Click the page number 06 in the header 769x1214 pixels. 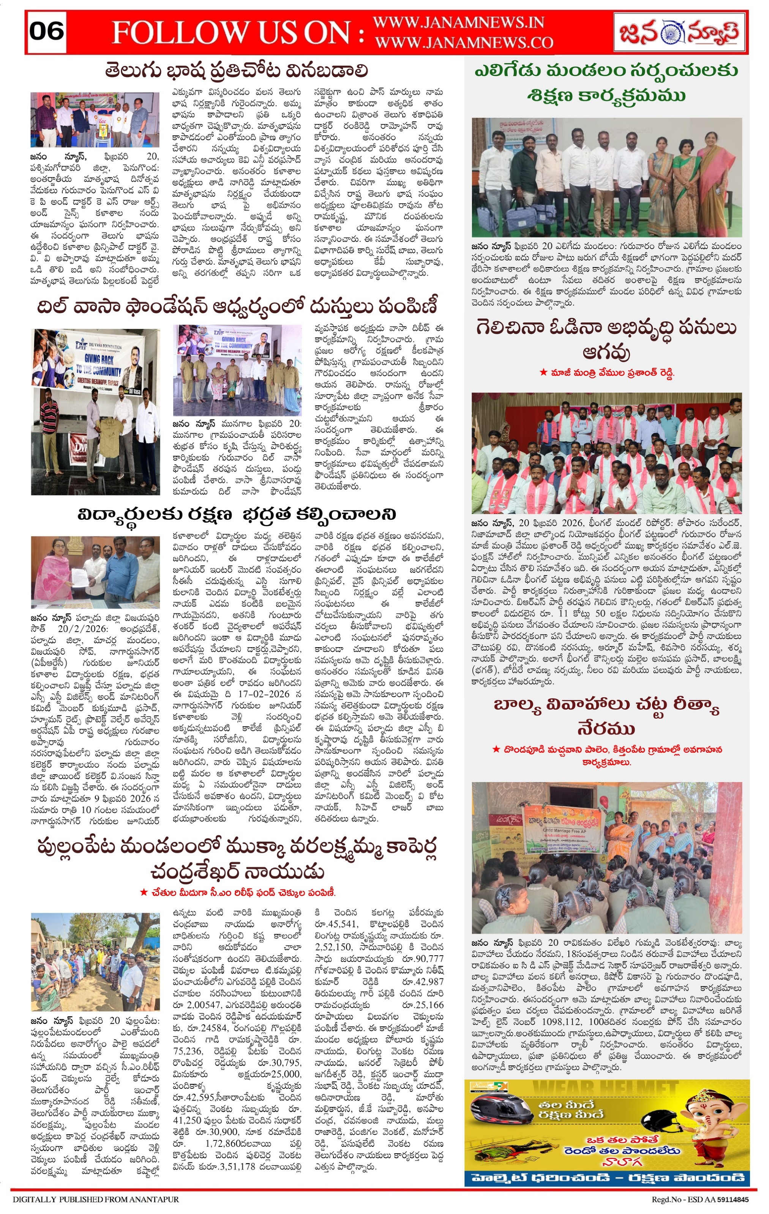pyautogui.click(x=46, y=31)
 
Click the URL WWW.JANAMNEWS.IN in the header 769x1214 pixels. pyautogui.click(x=459, y=23)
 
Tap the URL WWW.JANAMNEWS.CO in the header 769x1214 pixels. pyautogui.click(x=464, y=43)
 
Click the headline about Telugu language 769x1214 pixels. pyautogui.click(x=236, y=70)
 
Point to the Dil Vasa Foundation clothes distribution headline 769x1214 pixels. pyautogui.click(x=236, y=306)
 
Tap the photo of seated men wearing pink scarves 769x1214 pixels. pyautogui.click(x=606, y=452)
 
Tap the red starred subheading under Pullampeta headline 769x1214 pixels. pyautogui.click(x=237, y=892)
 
